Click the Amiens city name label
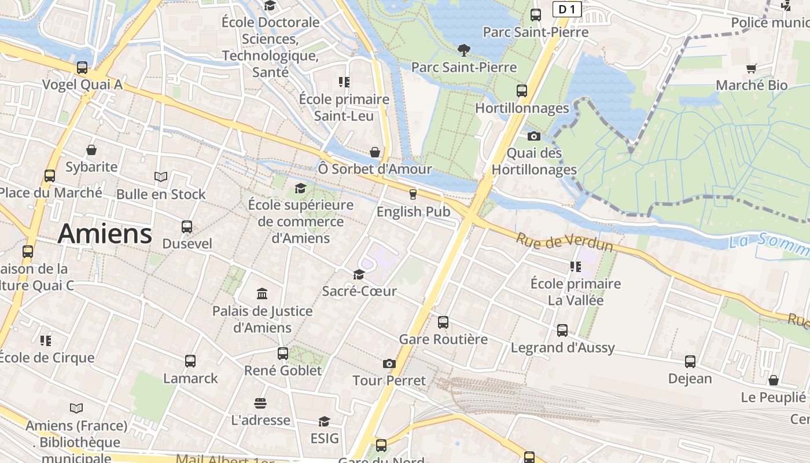pos(105,234)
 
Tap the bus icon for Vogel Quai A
pos(82,68)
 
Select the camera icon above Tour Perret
pos(389,363)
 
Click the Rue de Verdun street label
pos(564,242)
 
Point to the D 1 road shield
pos(567,9)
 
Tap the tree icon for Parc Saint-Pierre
pos(463,50)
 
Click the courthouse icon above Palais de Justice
pos(262,294)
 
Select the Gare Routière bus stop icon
pos(443,322)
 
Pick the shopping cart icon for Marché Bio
pos(752,69)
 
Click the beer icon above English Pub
pos(413,194)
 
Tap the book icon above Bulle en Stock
pos(161,177)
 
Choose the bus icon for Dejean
pos(690,362)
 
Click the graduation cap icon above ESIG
pos(325,421)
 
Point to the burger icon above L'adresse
pos(260,403)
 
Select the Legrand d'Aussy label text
pos(562,348)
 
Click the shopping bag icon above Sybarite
pos(91,150)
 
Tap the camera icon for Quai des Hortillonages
pos(534,137)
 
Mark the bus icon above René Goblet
pos(283,353)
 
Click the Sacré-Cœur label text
pos(359,291)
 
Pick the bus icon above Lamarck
pos(190,361)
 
